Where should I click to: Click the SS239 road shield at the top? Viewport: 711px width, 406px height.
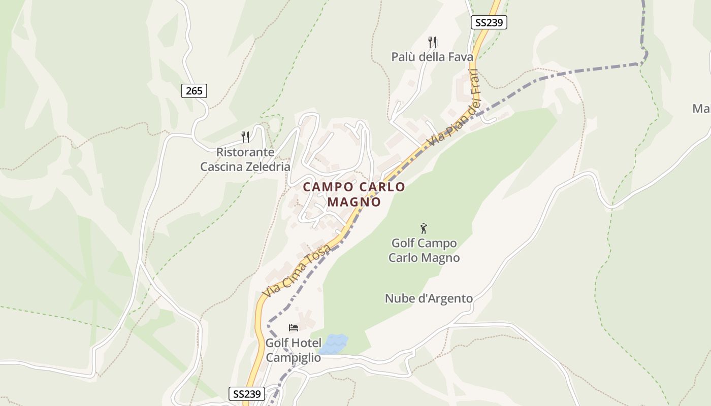[x=489, y=22]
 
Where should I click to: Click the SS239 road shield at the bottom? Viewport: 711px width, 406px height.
[x=247, y=394]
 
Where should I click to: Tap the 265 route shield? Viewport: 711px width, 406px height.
[x=194, y=91]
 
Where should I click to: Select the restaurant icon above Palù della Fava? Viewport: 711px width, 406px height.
[x=432, y=42]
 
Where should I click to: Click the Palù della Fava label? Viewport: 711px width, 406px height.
[x=432, y=57]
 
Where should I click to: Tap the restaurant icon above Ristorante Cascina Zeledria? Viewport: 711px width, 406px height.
[x=245, y=136]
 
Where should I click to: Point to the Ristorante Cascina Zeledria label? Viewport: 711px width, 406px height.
[x=245, y=159]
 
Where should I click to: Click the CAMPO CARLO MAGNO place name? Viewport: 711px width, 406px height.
[x=354, y=194]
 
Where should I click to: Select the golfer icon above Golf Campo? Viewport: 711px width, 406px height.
[x=424, y=228]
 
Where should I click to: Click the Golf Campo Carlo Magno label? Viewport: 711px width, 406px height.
[x=424, y=250]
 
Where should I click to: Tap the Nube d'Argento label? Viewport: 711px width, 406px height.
[x=429, y=298]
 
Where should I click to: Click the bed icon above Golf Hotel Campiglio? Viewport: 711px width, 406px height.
[x=293, y=327]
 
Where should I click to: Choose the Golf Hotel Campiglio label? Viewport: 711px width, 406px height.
[x=294, y=350]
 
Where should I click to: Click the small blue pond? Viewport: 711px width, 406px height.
[x=333, y=344]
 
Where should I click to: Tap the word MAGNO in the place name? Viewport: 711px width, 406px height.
[x=354, y=202]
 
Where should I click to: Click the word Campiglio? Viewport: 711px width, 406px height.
[x=294, y=357]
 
